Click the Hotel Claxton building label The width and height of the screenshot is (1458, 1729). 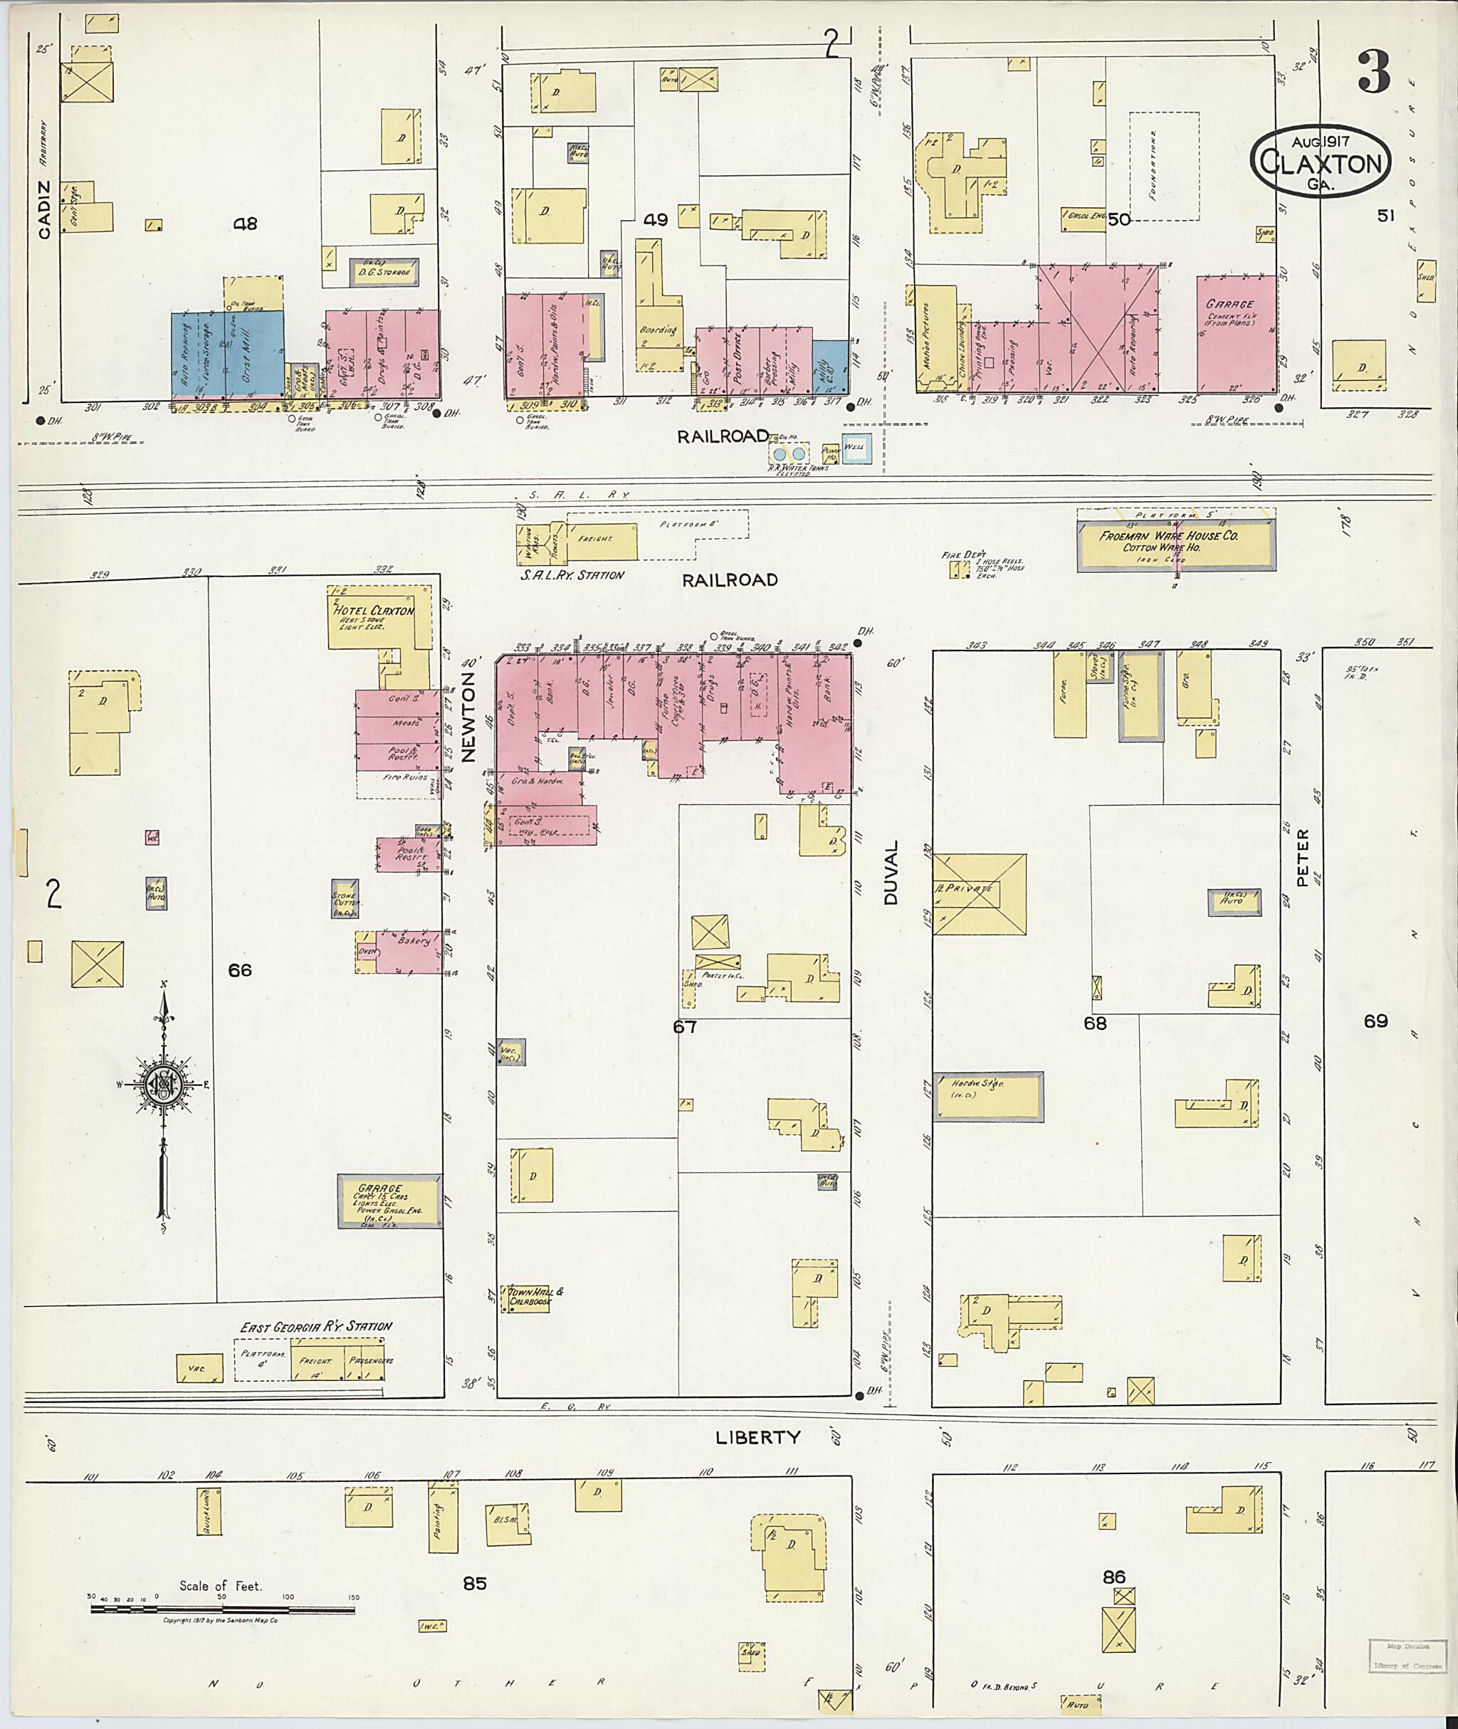373,611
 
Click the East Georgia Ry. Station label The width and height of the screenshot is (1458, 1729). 316,1327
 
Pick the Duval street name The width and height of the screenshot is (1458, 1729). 892,873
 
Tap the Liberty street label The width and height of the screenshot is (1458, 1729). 759,1437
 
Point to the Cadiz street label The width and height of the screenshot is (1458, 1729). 44,209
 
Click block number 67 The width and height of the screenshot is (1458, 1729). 685,1026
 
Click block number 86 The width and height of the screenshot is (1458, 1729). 1114,1577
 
